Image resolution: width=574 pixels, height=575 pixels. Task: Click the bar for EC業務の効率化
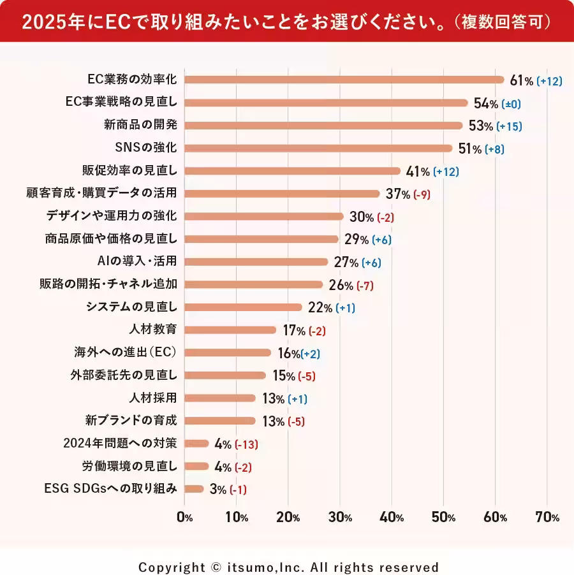(x=344, y=80)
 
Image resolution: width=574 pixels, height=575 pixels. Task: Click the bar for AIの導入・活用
(x=256, y=261)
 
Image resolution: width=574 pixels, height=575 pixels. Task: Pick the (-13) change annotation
(x=246, y=444)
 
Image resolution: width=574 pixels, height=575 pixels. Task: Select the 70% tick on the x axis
(x=547, y=518)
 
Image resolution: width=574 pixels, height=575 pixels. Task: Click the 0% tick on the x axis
(x=184, y=518)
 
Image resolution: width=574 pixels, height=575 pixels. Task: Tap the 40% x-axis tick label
(x=391, y=518)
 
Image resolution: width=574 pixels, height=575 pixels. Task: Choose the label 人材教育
(x=152, y=330)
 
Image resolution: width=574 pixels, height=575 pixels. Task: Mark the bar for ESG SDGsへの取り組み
(x=194, y=489)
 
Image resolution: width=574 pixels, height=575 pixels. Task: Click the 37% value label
(x=397, y=194)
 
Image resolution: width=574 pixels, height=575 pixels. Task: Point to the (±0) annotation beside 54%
(x=515, y=103)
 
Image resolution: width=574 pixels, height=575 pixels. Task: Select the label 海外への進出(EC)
(x=126, y=352)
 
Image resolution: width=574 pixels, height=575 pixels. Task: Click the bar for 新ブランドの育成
(x=220, y=421)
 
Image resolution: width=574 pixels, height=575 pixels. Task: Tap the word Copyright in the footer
(x=168, y=567)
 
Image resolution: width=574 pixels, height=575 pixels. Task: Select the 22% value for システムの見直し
(x=320, y=308)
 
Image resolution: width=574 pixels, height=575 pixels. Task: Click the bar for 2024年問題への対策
(x=196, y=443)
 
